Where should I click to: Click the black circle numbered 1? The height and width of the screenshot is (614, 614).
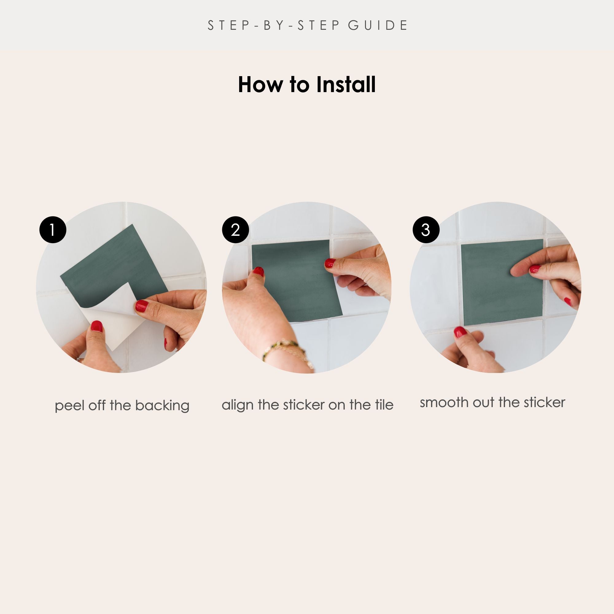pyautogui.click(x=53, y=230)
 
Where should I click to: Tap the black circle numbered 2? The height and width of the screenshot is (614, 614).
pyautogui.click(x=235, y=230)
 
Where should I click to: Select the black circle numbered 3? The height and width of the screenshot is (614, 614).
pyautogui.click(x=426, y=230)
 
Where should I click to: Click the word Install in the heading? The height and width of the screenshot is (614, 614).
pyautogui.click(x=346, y=84)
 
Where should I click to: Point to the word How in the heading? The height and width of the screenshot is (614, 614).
pyautogui.click(x=260, y=84)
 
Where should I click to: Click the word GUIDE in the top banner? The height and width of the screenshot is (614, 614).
pyautogui.click(x=378, y=25)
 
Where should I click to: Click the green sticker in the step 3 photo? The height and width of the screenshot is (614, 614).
pyautogui.click(x=502, y=282)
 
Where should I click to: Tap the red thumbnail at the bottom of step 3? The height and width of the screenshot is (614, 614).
pyautogui.click(x=460, y=332)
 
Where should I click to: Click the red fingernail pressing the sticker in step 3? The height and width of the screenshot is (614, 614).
pyautogui.click(x=535, y=269)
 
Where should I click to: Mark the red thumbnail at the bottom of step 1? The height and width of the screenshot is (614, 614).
pyautogui.click(x=97, y=326)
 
